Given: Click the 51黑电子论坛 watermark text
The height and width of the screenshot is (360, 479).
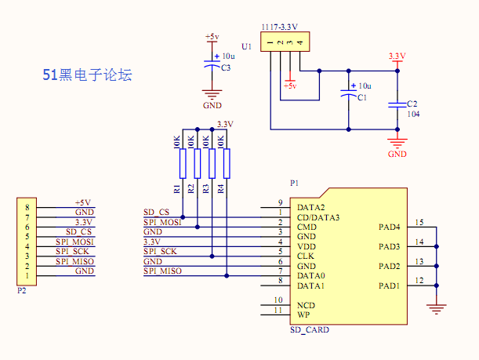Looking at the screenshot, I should [87, 75].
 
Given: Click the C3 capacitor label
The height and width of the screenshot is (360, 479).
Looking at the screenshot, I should [226, 68].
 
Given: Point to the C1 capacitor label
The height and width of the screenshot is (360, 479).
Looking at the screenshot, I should [361, 97].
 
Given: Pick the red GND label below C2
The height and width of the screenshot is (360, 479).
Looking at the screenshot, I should [397, 154].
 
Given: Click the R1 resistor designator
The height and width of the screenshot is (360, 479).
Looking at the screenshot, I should [177, 188].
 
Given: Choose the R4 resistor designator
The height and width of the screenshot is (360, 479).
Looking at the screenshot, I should [220, 188].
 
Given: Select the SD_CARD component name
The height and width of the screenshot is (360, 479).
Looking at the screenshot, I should [310, 330].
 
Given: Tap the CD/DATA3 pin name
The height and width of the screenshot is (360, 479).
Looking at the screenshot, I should [318, 217].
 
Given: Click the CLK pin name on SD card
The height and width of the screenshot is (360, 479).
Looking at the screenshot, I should [306, 256].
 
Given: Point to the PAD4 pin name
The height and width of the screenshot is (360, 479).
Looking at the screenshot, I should [390, 227].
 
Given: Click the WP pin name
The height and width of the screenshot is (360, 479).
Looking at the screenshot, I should [303, 315].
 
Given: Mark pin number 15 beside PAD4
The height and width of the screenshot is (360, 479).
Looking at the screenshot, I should [419, 223].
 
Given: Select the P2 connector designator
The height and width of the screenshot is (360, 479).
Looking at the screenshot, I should [21, 289].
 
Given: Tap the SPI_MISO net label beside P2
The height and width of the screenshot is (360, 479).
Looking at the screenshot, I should [74, 261].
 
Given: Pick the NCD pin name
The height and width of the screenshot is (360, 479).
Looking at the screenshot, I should [307, 304].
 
